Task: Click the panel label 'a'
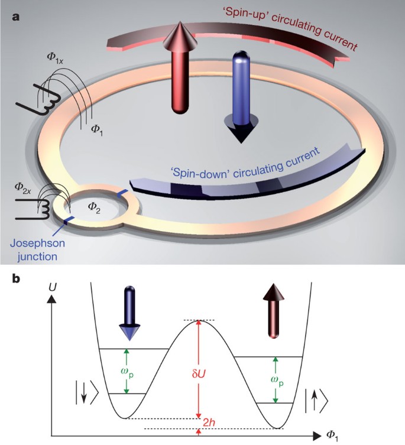click(16, 17)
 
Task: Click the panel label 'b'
click(17, 277)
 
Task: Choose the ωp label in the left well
click(137, 371)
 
